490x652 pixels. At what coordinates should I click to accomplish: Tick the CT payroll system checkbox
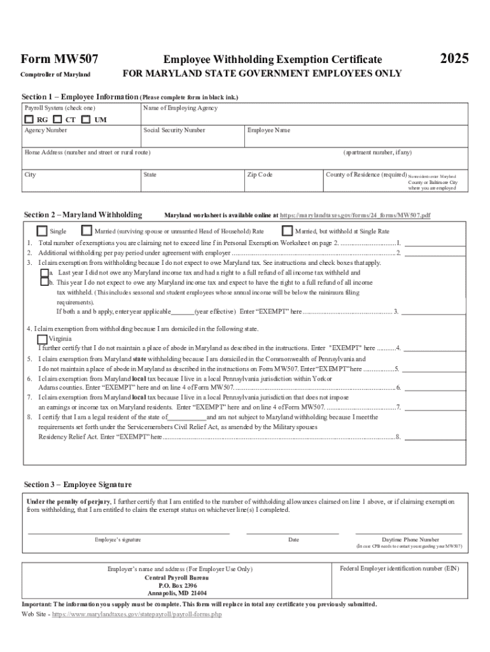(58, 119)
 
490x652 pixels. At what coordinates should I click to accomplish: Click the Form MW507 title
(60, 59)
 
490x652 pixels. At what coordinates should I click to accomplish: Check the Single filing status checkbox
(42, 231)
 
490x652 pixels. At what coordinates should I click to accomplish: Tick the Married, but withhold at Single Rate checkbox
(287, 231)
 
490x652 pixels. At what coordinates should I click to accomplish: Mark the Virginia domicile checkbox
(43, 339)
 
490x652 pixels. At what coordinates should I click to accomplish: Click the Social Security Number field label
(174, 130)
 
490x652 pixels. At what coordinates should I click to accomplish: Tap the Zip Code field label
(260, 174)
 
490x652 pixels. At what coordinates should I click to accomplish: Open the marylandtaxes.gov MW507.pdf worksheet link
(355, 215)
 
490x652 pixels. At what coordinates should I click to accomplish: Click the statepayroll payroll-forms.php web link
(137, 614)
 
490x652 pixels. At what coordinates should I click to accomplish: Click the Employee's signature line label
(118, 540)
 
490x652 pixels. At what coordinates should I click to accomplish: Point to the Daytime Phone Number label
(410, 539)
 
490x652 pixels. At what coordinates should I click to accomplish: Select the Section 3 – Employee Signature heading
(78, 485)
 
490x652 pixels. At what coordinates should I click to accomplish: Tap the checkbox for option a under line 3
(44, 272)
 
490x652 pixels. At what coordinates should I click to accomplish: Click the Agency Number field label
(46, 130)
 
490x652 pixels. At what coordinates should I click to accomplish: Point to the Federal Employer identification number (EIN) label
(399, 567)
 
